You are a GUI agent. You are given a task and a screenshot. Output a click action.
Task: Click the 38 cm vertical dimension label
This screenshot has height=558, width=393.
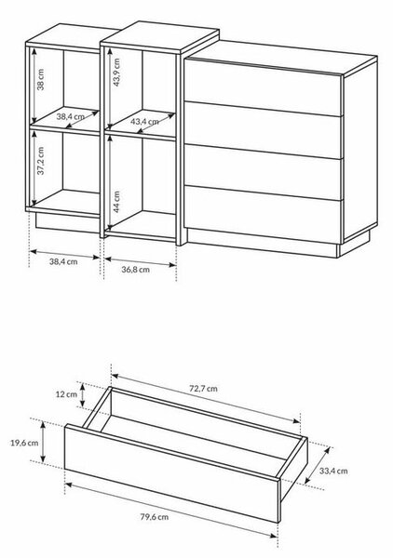[x=41, y=79]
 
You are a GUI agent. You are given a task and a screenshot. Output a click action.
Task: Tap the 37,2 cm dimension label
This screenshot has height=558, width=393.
[x=41, y=161]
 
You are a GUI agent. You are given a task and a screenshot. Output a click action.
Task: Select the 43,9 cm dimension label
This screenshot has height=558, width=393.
[x=116, y=73]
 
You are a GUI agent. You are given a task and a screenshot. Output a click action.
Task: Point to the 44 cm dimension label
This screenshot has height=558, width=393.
[x=116, y=202]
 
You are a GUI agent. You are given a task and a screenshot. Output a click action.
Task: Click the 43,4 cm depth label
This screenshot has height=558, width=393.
[x=144, y=122]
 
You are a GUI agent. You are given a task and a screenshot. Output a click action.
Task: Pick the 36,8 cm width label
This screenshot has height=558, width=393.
[x=135, y=270]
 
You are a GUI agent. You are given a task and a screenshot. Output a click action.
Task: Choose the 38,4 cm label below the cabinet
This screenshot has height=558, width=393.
[x=63, y=261]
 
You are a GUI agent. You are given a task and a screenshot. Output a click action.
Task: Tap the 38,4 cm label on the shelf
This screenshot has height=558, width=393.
[x=70, y=116]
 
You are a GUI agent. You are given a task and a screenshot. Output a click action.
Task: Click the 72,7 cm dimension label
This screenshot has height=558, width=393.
[x=203, y=388]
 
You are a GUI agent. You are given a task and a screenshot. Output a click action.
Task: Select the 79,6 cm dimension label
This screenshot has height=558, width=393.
[x=155, y=517]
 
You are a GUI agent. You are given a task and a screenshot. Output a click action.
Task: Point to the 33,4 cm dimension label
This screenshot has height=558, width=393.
[x=333, y=471]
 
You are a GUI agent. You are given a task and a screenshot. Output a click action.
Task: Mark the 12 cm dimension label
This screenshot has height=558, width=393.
[x=66, y=394]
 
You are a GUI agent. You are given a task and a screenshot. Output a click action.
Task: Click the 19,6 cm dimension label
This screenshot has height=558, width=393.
[x=24, y=443]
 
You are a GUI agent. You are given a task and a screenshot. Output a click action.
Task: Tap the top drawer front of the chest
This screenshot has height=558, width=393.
[x=263, y=86]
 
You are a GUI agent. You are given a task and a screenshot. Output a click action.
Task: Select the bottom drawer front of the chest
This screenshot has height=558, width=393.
[x=263, y=215]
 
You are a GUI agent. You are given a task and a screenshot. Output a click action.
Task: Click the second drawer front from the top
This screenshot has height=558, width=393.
[x=263, y=129]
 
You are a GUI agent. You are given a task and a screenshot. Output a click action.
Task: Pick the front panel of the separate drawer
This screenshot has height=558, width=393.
[x=171, y=473]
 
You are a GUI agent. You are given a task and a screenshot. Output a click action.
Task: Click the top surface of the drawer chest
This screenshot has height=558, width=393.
[x=281, y=57]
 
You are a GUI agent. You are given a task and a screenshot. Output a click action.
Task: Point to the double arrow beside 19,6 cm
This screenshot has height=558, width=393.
[x=43, y=442]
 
